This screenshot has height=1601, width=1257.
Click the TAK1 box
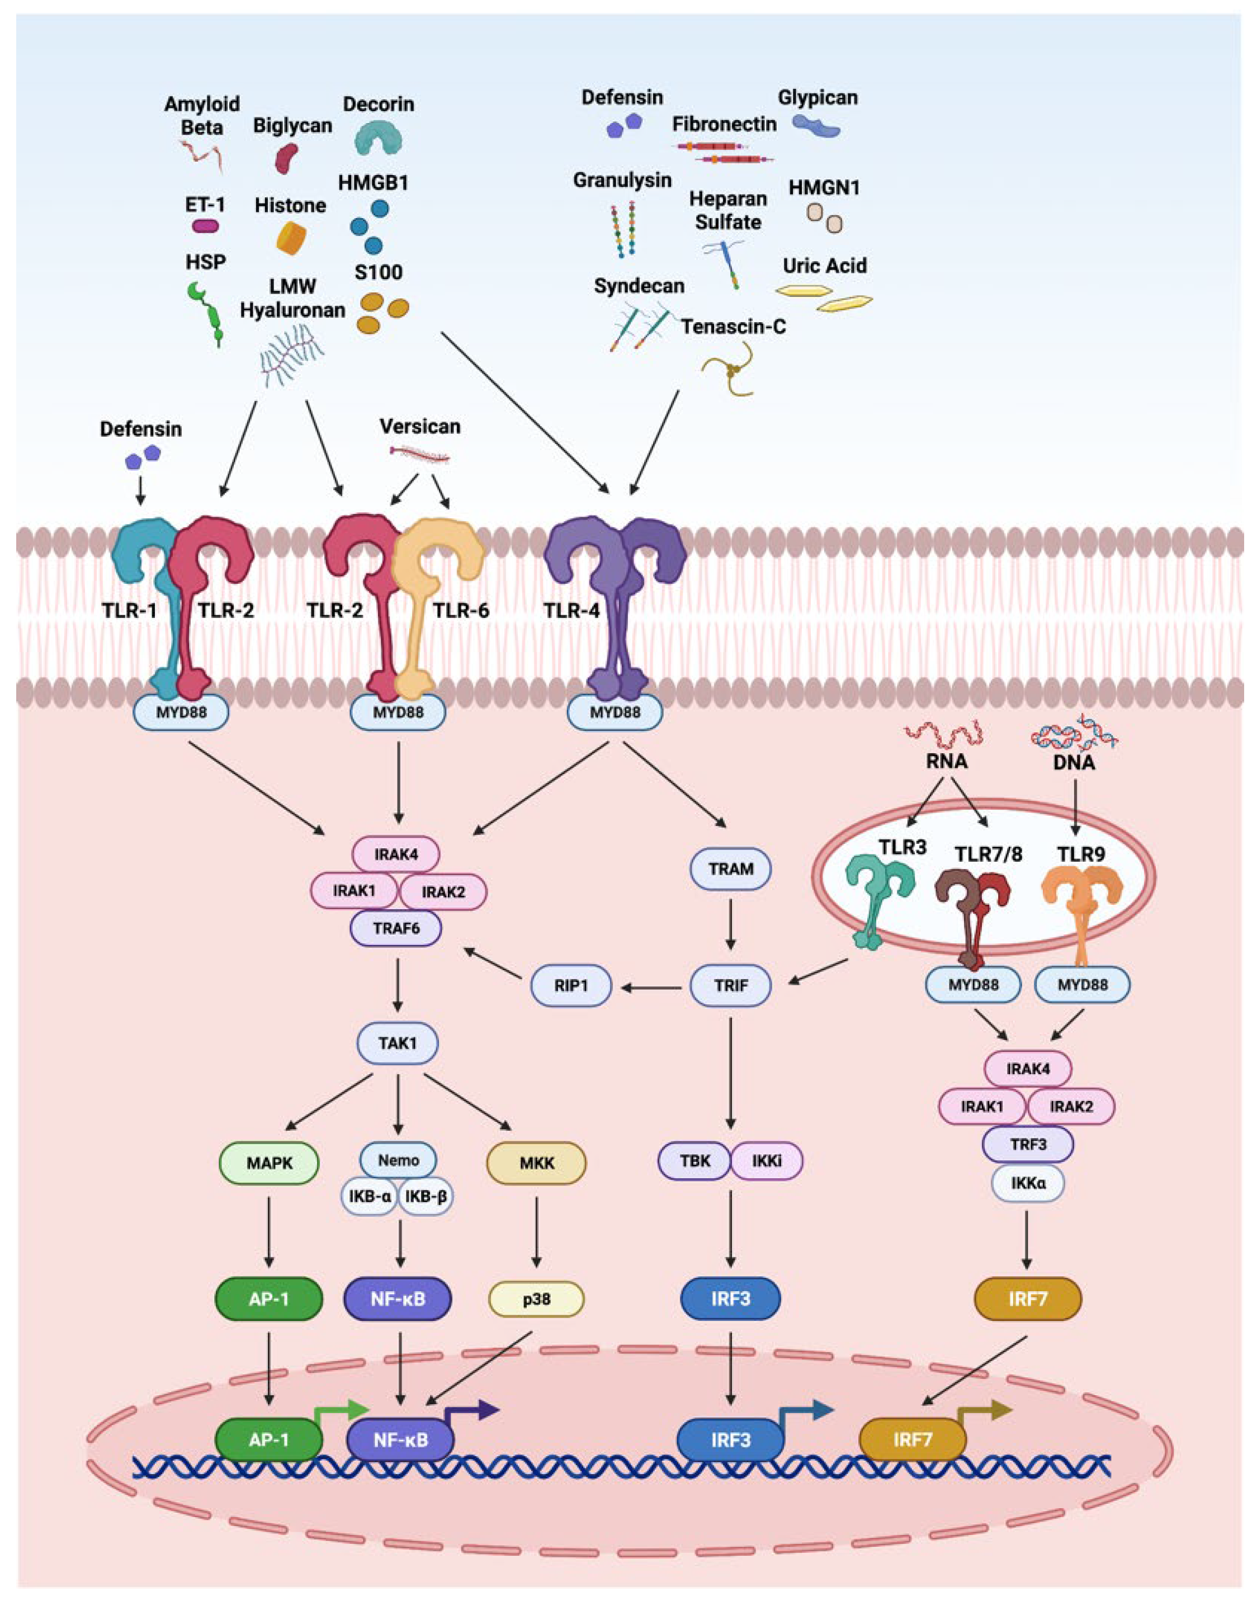[x=398, y=1043]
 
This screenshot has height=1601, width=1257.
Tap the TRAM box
[x=731, y=868]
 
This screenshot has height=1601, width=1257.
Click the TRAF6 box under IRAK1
[x=396, y=928]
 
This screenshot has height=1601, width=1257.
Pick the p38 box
[x=536, y=1299]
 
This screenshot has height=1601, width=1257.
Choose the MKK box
[x=536, y=1163]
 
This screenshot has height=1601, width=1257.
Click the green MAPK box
[x=270, y=1163]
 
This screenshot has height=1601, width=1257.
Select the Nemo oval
[x=398, y=1160]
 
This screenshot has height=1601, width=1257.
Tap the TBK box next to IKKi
[x=694, y=1161]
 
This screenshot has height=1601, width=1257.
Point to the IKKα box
[x=1027, y=1183]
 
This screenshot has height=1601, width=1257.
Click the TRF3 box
[x=1027, y=1145]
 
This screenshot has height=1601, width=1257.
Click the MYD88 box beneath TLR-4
[x=615, y=712]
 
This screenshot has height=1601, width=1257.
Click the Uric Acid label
[x=824, y=266]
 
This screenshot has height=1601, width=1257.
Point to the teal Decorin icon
[x=379, y=138]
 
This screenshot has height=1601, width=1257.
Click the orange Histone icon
[x=291, y=238]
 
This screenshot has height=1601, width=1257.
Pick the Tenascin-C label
[x=733, y=326]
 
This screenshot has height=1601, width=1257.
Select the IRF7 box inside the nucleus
[x=913, y=1440]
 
